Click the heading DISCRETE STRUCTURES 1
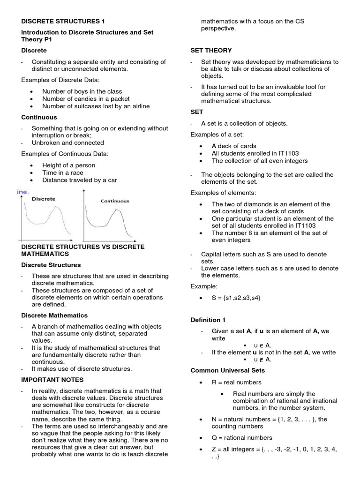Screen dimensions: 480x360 pyautogui.click(x=63, y=21)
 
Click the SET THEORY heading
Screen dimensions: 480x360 pyautogui.click(x=211, y=50)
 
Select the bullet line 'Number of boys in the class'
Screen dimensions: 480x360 pyautogui.click(x=82, y=91)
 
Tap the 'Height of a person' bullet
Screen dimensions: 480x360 pyautogui.click(x=68, y=165)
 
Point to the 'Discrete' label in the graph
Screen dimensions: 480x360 pyautogui.click(x=43, y=199)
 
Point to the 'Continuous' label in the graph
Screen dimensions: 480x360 pyautogui.click(x=115, y=201)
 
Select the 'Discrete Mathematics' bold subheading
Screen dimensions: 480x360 pyautogui.click(x=54, y=315)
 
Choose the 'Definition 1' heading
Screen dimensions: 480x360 pyautogui.click(x=208, y=320)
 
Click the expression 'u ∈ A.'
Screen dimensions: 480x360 pyautogui.click(x=262, y=345)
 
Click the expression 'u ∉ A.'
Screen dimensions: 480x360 pyautogui.click(x=262, y=360)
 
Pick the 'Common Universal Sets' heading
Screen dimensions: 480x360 pyautogui.click(x=225, y=370)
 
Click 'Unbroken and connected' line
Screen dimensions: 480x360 pyautogui.click(x=67, y=142)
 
